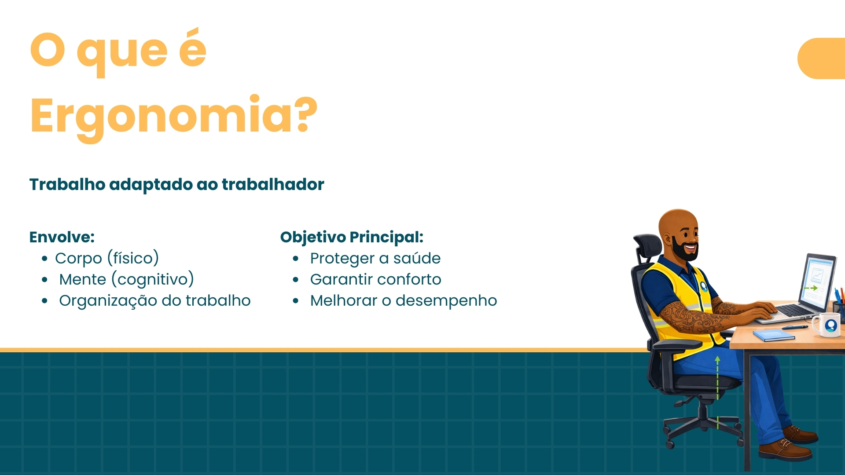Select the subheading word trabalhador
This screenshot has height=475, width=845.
pyautogui.click(x=273, y=184)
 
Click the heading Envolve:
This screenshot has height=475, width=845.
pyautogui.click(x=62, y=237)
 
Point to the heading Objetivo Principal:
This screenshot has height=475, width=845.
pyautogui.click(x=352, y=237)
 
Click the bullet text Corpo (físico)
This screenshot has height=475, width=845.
pyautogui.click(x=107, y=258)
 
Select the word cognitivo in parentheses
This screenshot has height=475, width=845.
pyautogui.click(x=153, y=280)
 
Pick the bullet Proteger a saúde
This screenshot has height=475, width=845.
pyautogui.click(x=375, y=258)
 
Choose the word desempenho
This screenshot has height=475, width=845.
pyautogui.click(x=446, y=301)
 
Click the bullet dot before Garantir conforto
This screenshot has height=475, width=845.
pyautogui.click(x=296, y=280)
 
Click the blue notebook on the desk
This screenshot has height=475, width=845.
pyautogui.click(x=773, y=336)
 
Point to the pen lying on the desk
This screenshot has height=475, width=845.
pyautogui.click(x=794, y=327)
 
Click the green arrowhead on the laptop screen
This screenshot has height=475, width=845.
pyautogui.click(x=814, y=288)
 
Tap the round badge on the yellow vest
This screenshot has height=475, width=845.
pyautogui.click(x=704, y=286)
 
